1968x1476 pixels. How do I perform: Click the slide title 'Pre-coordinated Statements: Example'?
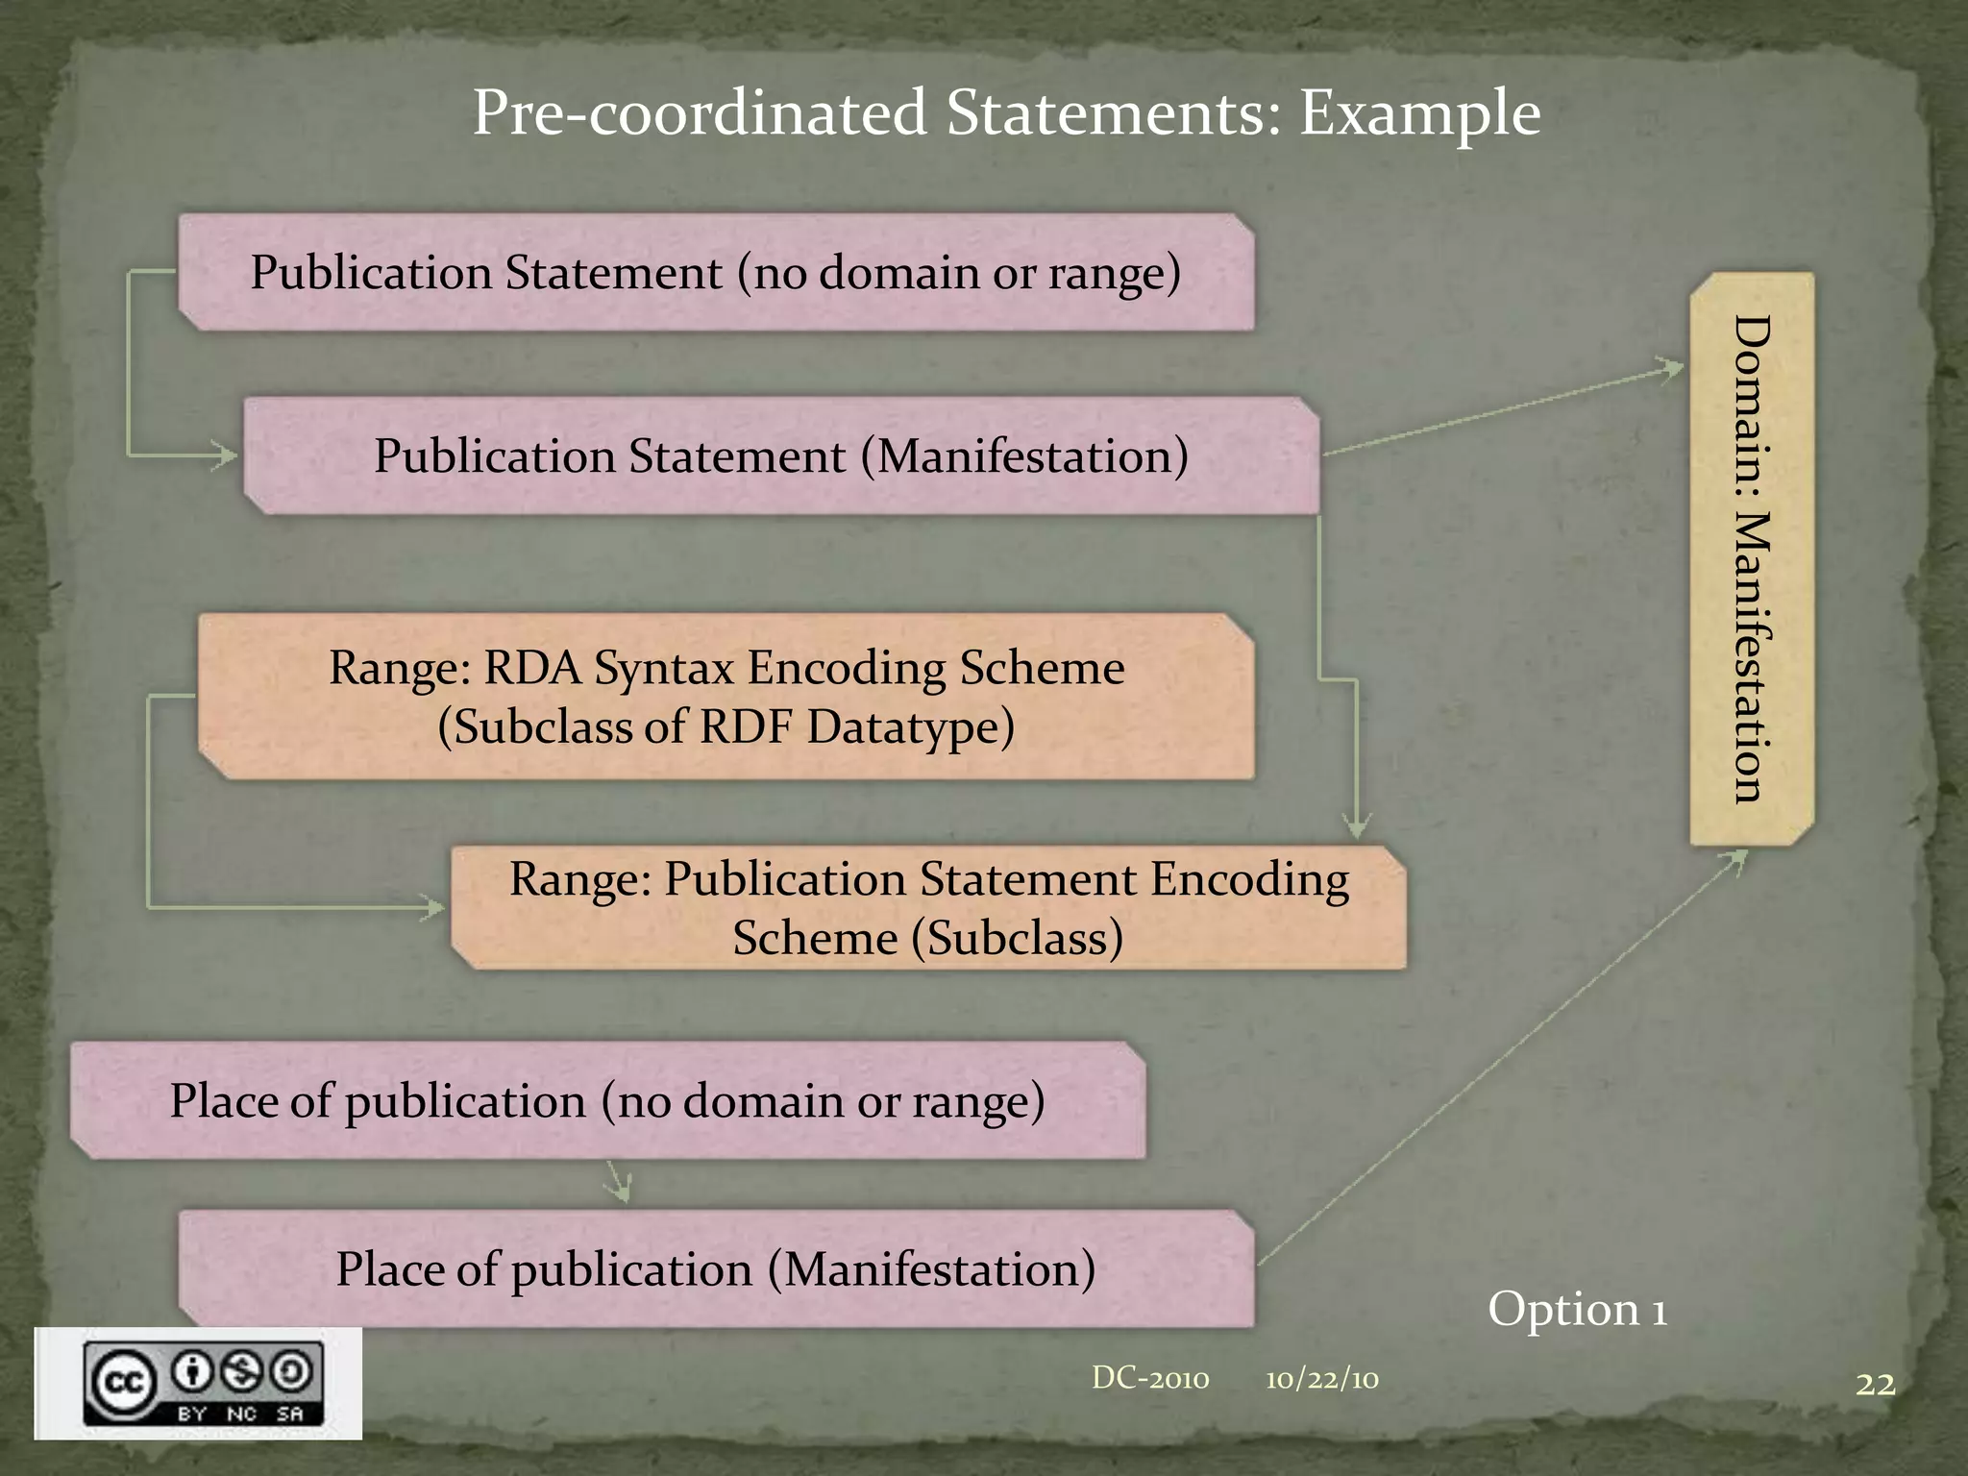tap(1006, 113)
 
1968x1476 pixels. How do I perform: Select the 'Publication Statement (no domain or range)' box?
tap(716, 273)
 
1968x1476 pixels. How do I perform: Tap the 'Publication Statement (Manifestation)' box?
tap(780, 456)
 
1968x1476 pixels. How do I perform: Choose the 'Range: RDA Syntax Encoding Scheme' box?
tap(726, 697)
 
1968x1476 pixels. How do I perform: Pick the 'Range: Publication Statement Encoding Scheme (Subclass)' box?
tap(928, 908)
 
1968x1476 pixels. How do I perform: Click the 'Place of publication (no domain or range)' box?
tap(607, 1101)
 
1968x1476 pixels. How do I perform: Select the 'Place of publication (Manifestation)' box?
tap(716, 1269)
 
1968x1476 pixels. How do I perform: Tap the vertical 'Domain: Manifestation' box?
tap(1751, 558)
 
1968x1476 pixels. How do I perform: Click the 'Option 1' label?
tap(1577, 1310)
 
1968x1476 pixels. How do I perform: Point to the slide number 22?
tap(1875, 1385)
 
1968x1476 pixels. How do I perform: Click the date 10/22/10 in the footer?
tap(1321, 1380)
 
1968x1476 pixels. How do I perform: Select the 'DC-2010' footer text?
tap(1150, 1379)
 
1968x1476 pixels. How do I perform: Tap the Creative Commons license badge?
tap(199, 1384)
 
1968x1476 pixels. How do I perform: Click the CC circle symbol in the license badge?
tap(123, 1384)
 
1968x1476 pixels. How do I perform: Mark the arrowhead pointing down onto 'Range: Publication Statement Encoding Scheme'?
tap(1356, 825)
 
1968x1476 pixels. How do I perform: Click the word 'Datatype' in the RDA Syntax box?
tap(910, 727)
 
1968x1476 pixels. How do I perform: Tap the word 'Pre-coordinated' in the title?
tap(699, 113)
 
